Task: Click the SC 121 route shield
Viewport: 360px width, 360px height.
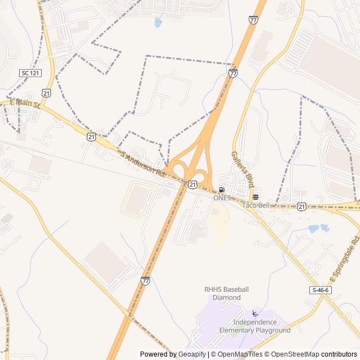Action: click(31, 73)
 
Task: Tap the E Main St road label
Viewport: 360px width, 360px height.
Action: click(26, 103)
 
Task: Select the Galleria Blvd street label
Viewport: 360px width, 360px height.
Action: click(242, 169)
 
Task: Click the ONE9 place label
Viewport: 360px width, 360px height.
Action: click(222, 198)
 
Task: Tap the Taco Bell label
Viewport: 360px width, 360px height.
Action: click(256, 205)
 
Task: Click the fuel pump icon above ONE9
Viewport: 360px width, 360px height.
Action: click(222, 190)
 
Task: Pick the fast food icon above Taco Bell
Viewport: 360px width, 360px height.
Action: click(256, 197)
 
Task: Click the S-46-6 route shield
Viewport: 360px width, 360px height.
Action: click(319, 290)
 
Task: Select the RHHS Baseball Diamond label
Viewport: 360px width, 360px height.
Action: click(226, 293)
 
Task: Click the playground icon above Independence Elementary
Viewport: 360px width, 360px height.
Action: click(255, 314)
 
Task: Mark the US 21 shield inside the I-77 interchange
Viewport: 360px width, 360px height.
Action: click(193, 184)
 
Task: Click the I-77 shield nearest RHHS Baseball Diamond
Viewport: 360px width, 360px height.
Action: click(146, 280)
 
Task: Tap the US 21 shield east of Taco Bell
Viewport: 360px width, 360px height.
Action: click(302, 206)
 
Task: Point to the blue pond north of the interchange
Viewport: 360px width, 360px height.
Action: click(158, 22)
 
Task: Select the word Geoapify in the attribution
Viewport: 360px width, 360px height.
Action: click(192, 354)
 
